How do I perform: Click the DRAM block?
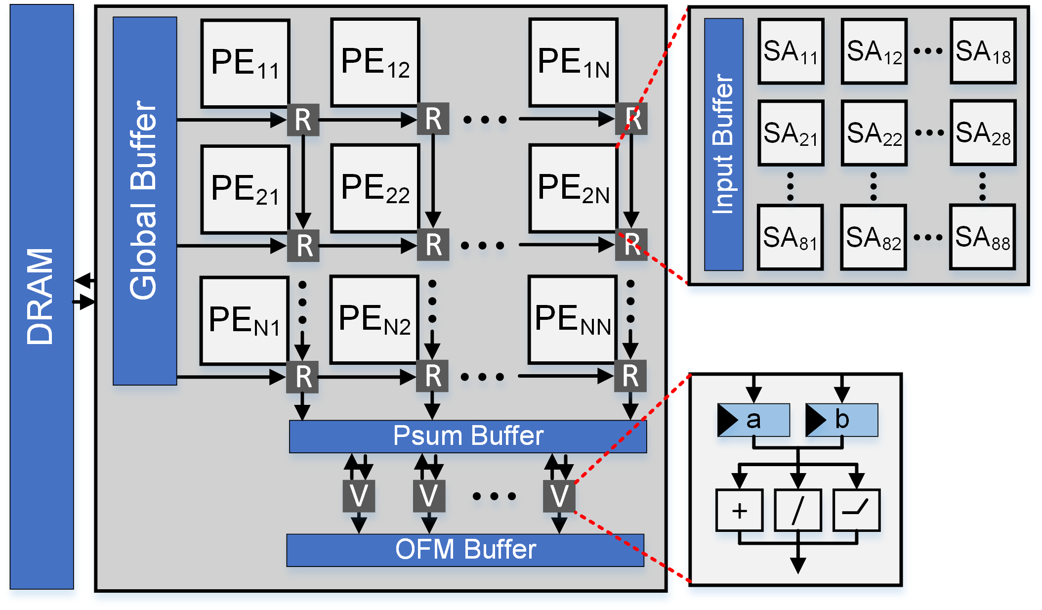click(x=42, y=297)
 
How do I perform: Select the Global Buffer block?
click(x=145, y=201)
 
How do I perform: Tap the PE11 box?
click(x=245, y=63)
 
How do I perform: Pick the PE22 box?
click(x=375, y=188)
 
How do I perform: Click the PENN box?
click(x=573, y=319)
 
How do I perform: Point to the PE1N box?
click(x=573, y=62)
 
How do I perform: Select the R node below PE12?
click(x=433, y=119)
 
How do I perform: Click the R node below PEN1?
click(x=302, y=377)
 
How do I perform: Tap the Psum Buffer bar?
click(x=468, y=436)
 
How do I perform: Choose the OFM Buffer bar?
click(x=465, y=550)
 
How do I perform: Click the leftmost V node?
click(x=359, y=496)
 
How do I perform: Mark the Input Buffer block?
click(x=724, y=144)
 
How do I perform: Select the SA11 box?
click(x=791, y=51)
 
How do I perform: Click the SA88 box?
click(x=982, y=237)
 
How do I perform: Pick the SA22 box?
click(x=874, y=132)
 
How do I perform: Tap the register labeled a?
click(x=753, y=420)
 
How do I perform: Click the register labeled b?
click(x=841, y=420)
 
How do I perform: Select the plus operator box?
click(x=739, y=510)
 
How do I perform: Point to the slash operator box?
click(x=798, y=510)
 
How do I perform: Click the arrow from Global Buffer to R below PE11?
click(x=232, y=120)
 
